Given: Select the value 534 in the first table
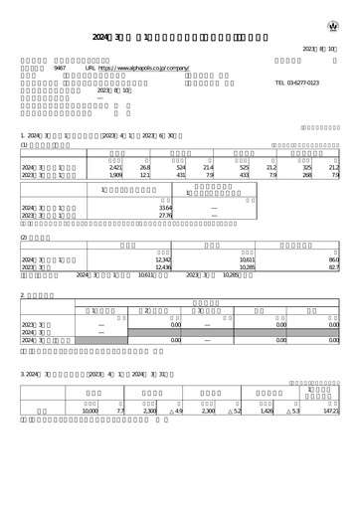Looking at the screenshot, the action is [181, 168].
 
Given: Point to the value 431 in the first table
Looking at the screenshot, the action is [181, 176].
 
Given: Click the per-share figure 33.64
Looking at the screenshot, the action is [166, 209].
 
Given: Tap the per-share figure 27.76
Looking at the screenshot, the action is [166, 217].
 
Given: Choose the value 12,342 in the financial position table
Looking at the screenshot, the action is [163, 259].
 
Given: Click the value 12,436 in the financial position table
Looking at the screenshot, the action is [163, 267].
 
